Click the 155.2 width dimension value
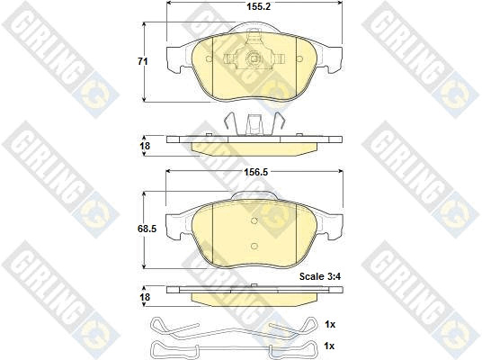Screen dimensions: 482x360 (x=258, y=6)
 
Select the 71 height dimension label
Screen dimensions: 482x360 (x=142, y=61)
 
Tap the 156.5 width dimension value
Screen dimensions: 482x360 (x=255, y=172)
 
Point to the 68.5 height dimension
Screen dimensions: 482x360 (x=147, y=229)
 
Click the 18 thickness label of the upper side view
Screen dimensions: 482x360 (x=145, y=146)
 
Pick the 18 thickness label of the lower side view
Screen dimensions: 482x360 (x=145, y=297)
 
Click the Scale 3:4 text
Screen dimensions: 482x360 (x=320, y=276)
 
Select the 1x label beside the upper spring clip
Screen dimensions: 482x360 (x=330, y=324)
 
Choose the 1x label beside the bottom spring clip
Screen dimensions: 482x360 (x=329, y=346)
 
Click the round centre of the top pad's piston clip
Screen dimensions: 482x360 (x=254, y=58)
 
